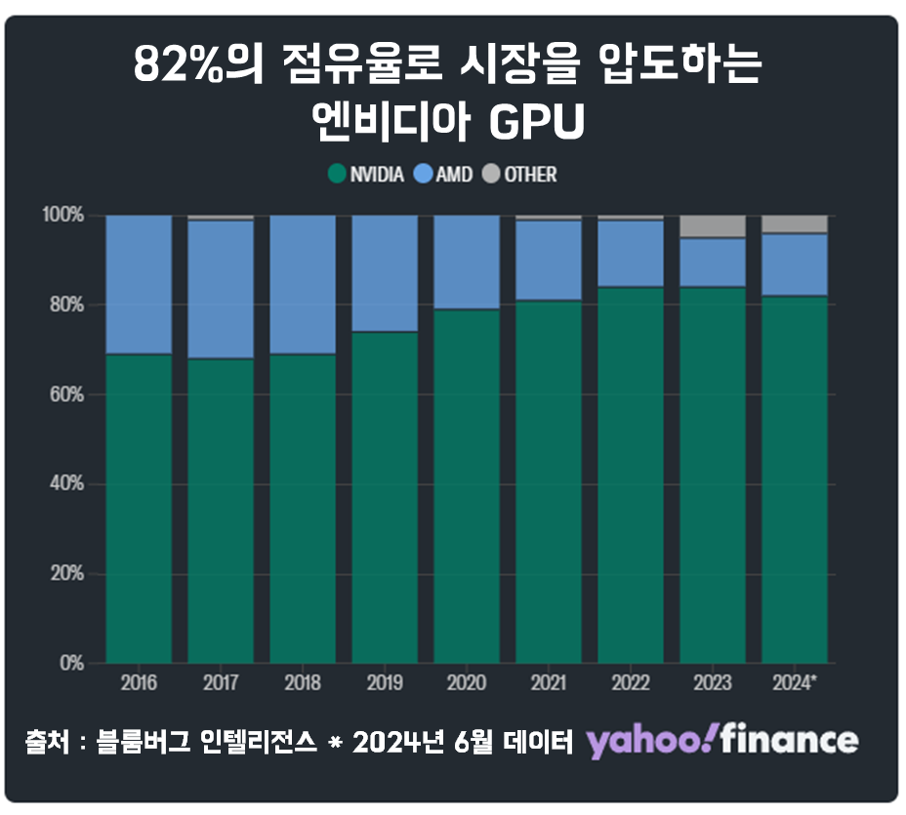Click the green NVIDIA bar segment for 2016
[139, 508]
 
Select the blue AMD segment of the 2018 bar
[303, 284]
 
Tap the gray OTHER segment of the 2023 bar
[713, 225]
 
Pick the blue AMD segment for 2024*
[795, 265]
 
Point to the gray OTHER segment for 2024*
[795, 224]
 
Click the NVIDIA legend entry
[367, 175]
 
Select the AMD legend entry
[444, 175]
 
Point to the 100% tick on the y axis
[67, 215]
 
